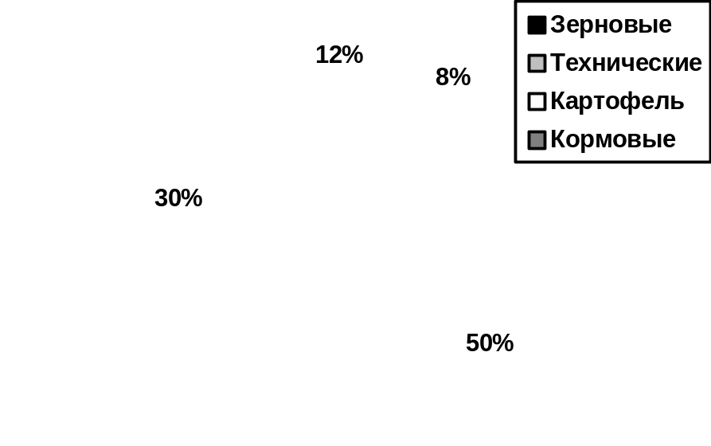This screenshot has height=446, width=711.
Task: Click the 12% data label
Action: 339,55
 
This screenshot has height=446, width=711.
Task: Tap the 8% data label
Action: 453,77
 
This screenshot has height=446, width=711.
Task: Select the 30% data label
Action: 178,198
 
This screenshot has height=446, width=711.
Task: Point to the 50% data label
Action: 490,343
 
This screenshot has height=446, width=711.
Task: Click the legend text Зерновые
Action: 611,25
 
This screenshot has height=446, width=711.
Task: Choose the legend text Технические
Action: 626,63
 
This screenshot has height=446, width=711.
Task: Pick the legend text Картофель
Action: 617,101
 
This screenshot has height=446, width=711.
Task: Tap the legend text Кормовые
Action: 613,139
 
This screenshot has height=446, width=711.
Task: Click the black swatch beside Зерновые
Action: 537,25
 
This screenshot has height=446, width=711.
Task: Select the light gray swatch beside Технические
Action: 537,64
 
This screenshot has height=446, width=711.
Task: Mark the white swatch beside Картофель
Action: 537,102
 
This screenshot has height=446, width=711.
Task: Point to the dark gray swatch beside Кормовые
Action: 537,140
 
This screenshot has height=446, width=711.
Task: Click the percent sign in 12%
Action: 353,55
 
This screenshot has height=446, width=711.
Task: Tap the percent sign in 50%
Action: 503,343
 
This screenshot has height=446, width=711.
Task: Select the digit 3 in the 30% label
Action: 161,198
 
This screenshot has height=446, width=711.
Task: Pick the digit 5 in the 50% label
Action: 472,343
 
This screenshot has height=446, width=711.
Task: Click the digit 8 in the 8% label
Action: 442,77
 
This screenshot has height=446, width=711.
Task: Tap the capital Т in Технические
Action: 558,63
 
